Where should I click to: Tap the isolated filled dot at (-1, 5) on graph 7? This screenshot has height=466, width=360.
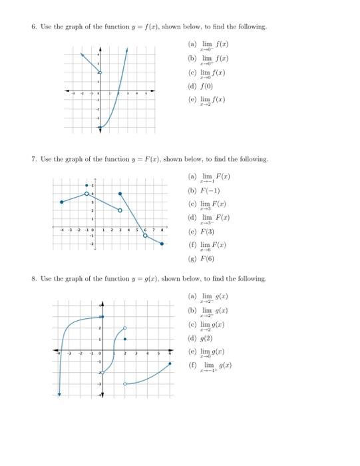87,186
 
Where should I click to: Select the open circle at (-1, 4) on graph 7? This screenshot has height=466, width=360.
87,194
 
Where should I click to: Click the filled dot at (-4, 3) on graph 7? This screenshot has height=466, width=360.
61,202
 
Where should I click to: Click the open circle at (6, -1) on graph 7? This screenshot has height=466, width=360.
145,235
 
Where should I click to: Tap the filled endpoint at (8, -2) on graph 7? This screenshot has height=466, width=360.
162,244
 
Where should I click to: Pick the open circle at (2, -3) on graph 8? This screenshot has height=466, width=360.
124,384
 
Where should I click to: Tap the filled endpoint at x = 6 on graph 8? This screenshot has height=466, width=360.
170,363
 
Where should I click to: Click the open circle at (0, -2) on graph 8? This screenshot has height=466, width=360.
102,373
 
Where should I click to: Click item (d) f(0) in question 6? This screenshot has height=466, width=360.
202,86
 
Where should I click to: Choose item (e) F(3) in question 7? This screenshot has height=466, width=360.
203,232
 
